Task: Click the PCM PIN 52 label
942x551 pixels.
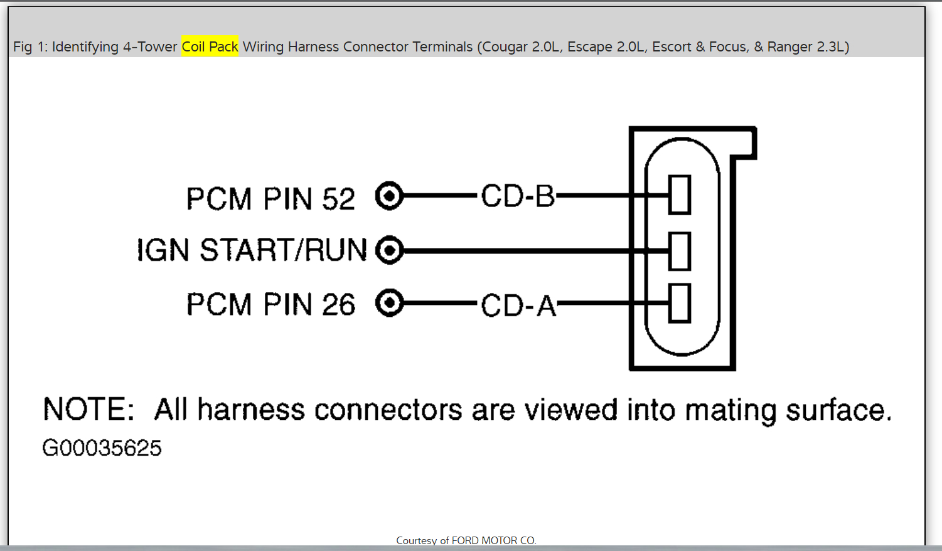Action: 270,199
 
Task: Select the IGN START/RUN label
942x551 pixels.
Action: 252,250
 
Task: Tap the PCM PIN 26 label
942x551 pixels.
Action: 270,304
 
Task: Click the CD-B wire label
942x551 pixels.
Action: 518,196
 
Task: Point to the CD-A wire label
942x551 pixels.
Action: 518,306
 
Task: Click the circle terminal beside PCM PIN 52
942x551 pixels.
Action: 389,196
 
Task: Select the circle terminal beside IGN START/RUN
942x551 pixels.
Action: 389,250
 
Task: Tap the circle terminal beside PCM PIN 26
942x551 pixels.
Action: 389,304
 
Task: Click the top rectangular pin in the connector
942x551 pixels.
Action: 680,195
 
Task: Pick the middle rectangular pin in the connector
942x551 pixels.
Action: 680,251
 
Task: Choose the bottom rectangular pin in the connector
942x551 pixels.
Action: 680,304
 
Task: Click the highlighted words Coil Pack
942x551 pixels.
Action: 210,46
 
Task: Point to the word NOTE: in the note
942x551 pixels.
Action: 88,410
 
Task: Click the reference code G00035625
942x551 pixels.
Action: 102,448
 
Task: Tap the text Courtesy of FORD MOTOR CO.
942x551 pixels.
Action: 466,540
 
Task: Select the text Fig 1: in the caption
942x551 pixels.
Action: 30,47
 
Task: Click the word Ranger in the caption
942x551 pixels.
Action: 789,47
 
